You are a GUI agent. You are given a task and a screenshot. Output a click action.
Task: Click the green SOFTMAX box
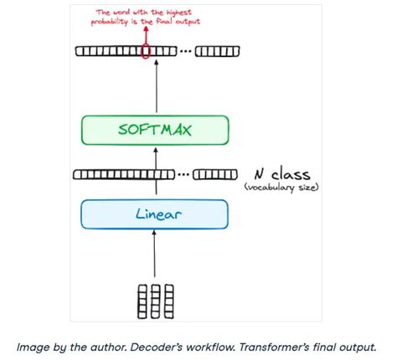(x=154, y=131)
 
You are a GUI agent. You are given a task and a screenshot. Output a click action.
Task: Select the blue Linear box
(x=154, y=214)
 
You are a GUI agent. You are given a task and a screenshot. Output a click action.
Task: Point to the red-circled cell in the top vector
(x=146, y=52)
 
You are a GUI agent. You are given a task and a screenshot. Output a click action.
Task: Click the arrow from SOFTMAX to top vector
(x=154, y=88)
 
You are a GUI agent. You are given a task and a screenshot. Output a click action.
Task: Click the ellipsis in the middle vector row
(x=185, y=175)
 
